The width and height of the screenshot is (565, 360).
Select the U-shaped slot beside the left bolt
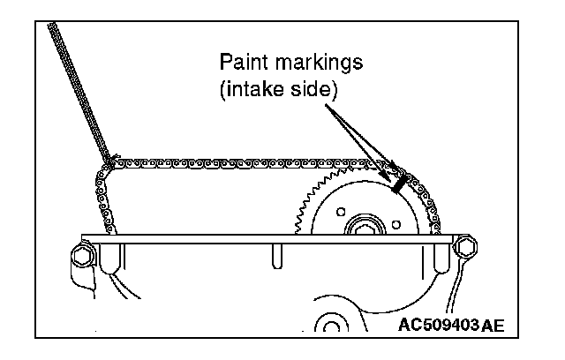tap(112, 261)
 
